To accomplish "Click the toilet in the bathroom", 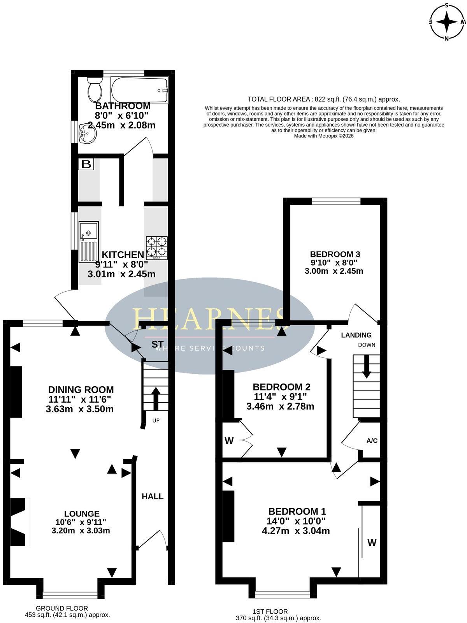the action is (95, 89).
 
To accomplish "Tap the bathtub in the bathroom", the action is (139, 90).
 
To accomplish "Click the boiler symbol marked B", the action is (86, 164).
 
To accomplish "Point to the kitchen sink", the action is (89, 241).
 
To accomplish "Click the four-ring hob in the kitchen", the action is (156, 248).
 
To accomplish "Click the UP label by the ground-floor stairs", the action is (156, 421).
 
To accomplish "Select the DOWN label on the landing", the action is (367, 345).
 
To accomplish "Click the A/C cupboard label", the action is (372, 440).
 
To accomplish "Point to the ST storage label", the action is (157, 344).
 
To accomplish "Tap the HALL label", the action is (153, 496).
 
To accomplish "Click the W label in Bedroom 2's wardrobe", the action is (229, 441).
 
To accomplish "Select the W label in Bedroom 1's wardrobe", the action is (372, 543).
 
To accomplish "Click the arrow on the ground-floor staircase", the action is (156, 398).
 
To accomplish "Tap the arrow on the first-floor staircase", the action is (367, 367).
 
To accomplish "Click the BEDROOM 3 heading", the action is (335, 254).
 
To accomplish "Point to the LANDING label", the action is (356, 335).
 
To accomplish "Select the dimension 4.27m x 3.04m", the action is (296, 530).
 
